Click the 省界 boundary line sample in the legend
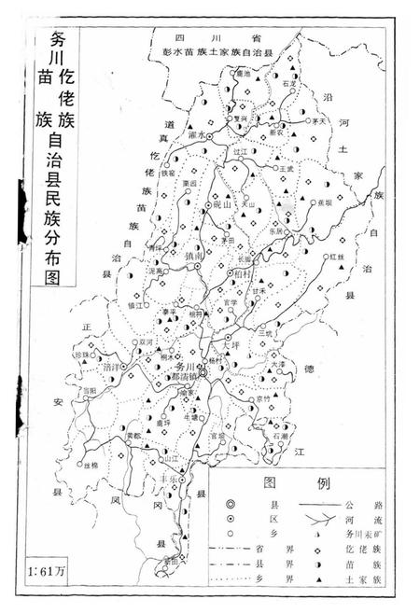click(228, 549)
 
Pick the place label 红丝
click(336, 255)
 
